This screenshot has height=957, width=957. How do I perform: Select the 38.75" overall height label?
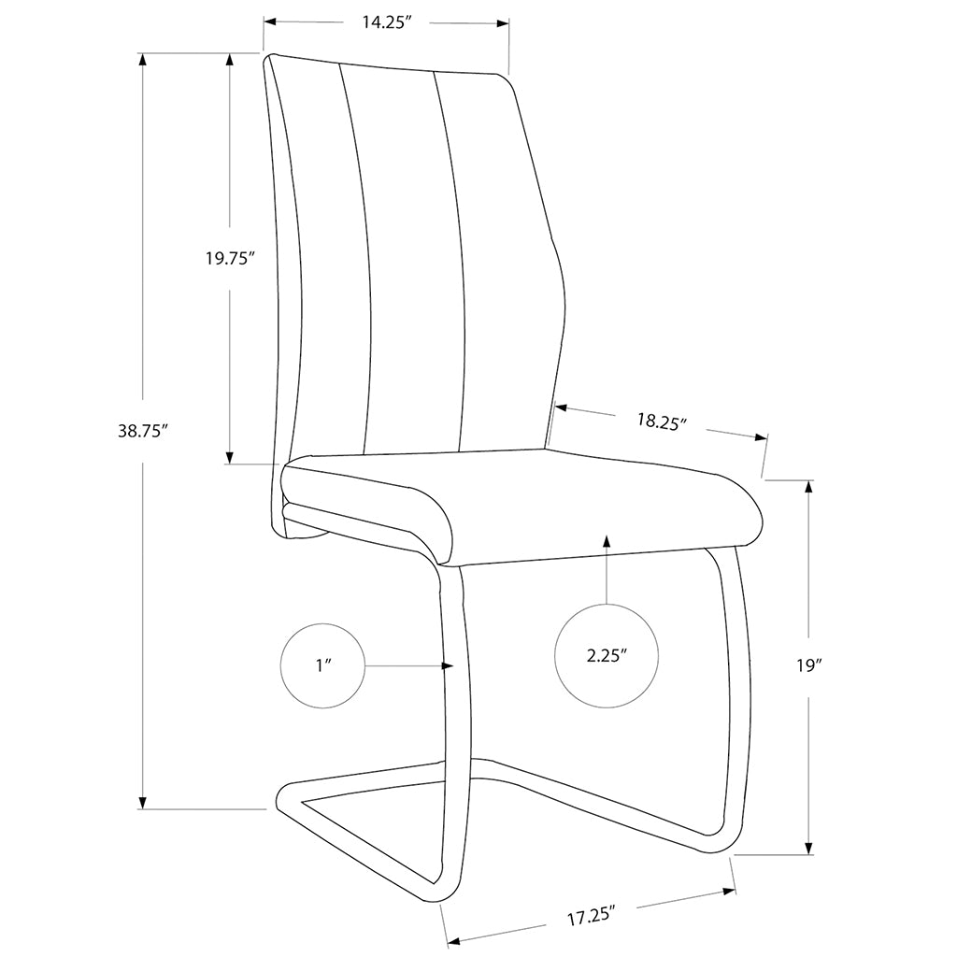(143, 431)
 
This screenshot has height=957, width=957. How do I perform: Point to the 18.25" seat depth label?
(663, 421)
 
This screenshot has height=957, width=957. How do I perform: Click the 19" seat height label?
(810, 665)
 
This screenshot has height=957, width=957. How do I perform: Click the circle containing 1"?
(322, 665)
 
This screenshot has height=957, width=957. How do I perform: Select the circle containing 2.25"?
(606, 656)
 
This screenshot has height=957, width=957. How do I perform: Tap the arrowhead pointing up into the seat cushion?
(606, 541)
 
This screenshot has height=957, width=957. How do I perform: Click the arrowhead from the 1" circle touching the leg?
(448, 665)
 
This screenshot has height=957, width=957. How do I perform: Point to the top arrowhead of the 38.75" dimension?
(143, 60)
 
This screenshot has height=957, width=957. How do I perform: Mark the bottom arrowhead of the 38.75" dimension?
(143, 803)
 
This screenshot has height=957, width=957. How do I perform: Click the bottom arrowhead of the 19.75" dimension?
(230, 458)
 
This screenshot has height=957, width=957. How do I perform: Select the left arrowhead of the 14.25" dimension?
(270, 22)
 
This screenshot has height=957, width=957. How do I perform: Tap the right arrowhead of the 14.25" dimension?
(502, 23)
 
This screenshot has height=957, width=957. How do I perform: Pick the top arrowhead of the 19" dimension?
(809, 487)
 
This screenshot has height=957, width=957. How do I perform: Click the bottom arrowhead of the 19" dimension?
(809, 849)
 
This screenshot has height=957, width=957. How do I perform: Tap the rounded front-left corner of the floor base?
(282, 800)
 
